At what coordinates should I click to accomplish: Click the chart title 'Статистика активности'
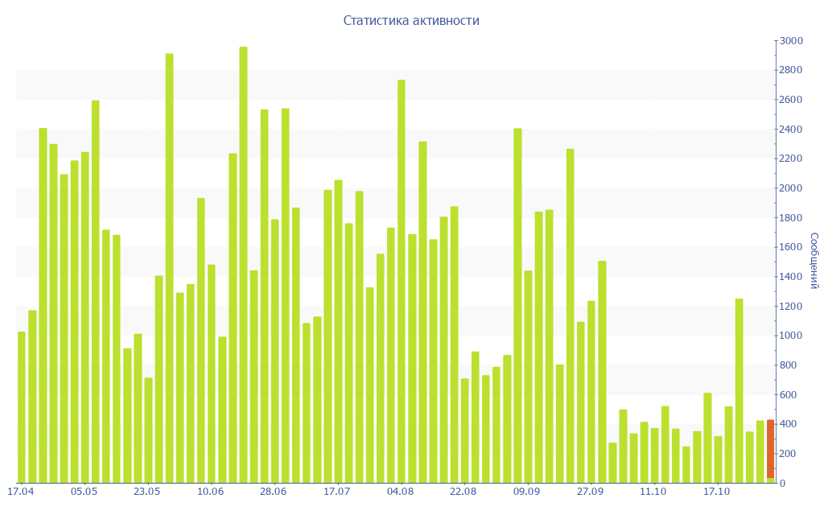point(411,21)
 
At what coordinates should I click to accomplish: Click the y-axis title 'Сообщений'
point(814,261)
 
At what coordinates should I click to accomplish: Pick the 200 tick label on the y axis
point(789,454)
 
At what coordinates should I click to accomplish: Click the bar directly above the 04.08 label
point(402,282)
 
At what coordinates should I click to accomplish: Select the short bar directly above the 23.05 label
point(148,431)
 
